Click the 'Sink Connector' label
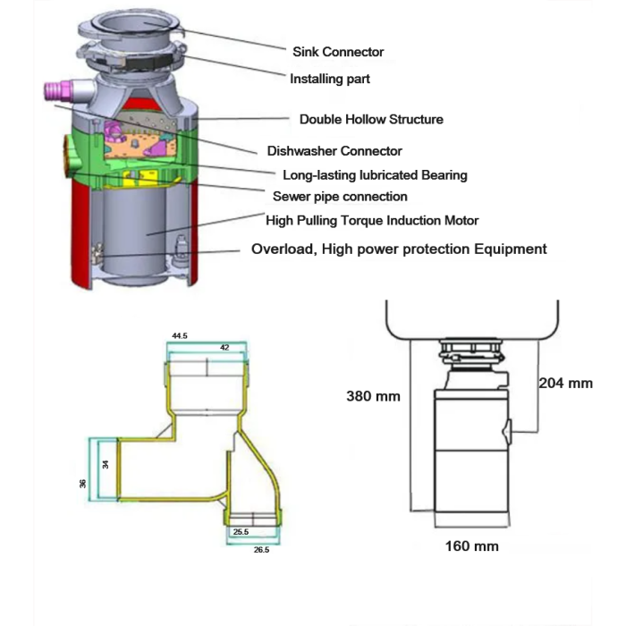pos(338,52)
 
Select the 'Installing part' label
pos(330,79)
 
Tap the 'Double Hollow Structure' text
pos(371,119)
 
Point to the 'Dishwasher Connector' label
pos(334,151)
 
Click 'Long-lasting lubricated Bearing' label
pos(375,175)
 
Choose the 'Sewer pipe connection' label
pos(340,196)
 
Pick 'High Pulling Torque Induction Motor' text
pos(372,220)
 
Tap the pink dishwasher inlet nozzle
pos(57,90)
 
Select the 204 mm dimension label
pos(565,383)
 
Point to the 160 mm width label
pos(471,546)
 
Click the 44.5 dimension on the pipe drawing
pos(179,336)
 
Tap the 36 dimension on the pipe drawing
pos(82,482)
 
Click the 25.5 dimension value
pos(241,532)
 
